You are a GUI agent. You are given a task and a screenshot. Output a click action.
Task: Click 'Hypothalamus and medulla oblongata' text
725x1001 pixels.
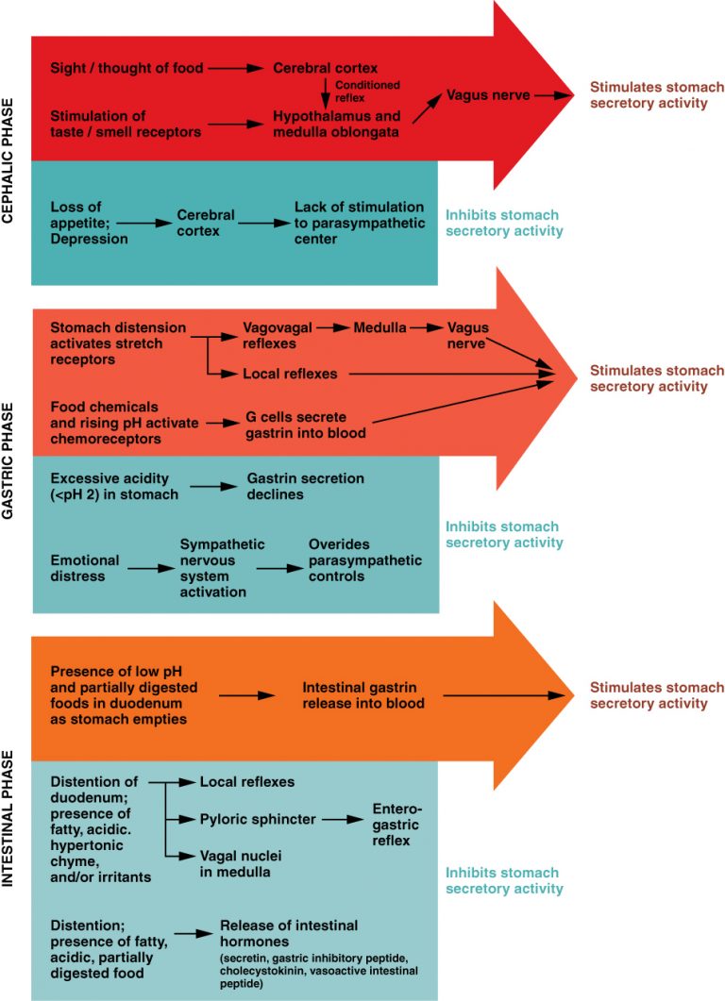[336, 124]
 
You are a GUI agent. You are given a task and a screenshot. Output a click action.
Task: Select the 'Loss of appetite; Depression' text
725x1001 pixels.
[90, 223]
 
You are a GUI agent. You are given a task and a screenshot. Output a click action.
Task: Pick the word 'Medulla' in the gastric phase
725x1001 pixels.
[380, 327]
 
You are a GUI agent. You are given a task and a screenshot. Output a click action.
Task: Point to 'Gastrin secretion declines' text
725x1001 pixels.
[305, 486]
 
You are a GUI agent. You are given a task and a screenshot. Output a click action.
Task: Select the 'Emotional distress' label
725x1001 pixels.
[85, 568]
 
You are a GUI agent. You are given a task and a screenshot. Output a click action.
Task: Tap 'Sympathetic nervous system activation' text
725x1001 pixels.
[222, 568]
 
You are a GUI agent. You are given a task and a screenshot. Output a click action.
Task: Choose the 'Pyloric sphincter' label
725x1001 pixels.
[258, 819]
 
